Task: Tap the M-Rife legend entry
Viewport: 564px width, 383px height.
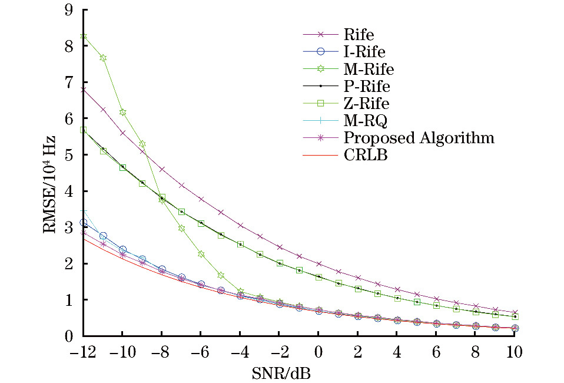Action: [369, 70]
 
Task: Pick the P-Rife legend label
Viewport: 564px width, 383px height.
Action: [366, 87]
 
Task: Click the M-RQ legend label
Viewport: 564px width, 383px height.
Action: [366, 121]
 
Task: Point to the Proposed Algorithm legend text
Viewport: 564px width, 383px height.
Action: [419, 138]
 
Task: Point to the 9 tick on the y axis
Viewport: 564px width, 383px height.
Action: [69, 9]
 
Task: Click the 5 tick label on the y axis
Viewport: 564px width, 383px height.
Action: [69, 155]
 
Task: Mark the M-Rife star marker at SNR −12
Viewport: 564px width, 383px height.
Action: [84, 37]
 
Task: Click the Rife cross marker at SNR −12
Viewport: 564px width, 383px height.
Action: [84, 90]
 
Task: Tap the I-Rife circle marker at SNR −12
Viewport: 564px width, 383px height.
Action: [84, 223]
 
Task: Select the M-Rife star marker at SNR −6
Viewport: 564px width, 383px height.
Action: [201, 254]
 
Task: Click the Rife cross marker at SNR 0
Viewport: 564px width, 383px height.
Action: [319, 264]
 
